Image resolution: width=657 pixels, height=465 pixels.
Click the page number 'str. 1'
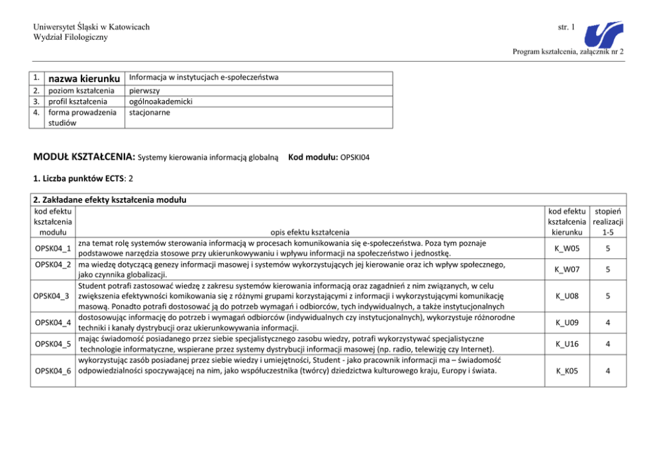point(566,26)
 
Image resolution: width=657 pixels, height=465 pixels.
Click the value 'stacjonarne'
point(150,113)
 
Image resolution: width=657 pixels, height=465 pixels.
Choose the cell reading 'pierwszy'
point(145,91)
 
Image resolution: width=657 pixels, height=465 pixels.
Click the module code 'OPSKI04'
point(355,158)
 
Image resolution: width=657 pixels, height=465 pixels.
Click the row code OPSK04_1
point(53,249)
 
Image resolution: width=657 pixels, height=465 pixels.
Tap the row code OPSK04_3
point(53,295)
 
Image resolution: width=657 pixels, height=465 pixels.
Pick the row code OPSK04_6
point(53,371)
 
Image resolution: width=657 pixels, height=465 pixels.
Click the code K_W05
point(568,249)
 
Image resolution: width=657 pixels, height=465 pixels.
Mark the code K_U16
point(568,344)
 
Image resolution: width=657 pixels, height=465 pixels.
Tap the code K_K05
point(568,371)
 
